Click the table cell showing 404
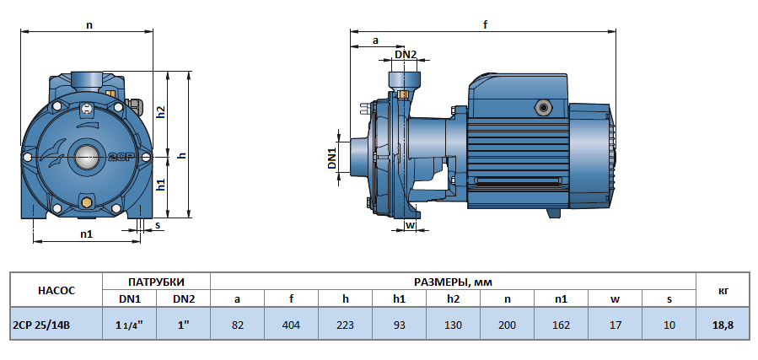point(291,325)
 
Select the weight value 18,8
point(723,325)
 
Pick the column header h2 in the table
point(453,299)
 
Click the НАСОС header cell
point(56,290)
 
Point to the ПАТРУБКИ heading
point(156,282)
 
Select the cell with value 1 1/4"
point(129,325)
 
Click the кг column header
point(723,290)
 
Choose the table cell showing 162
point(561,325)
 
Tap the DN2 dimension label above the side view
point(406,54)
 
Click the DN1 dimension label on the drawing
point(332,159)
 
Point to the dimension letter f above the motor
point(486,25)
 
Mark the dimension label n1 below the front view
point(86,234)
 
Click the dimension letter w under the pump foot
point(410,225)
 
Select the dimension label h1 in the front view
point(161,185)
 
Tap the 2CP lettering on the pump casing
point(120,157)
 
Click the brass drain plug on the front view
point(87,202)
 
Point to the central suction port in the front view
point(87,157)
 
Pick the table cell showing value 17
point(616,325)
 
